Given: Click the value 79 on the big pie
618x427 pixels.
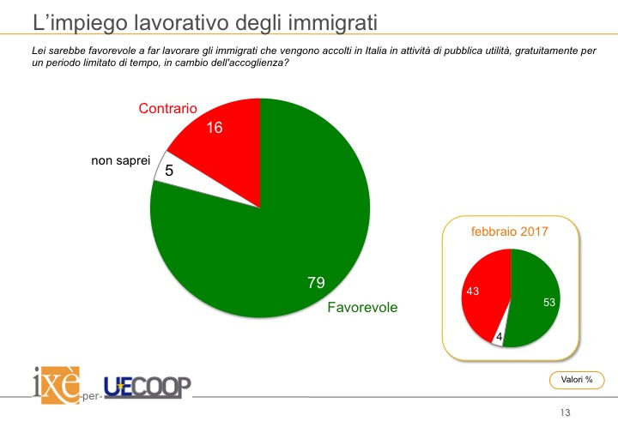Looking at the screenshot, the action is (x=316, y=282).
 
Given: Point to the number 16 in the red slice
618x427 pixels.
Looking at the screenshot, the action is (x=215, y=128).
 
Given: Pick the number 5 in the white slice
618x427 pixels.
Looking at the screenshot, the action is (x=169, y=171).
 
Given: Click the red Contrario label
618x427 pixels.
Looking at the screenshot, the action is (x=167, y=108).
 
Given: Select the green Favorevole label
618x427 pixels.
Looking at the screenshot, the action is (x=362, y=307).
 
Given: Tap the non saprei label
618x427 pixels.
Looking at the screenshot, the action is (x=121, y=160).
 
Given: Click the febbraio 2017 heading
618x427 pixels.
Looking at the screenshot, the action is (x=509, y=232).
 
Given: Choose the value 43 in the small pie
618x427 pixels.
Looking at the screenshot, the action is (x=473, y=291).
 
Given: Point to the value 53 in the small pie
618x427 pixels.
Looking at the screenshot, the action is (x=549, y=302).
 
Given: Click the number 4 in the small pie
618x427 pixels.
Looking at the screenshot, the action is (x=499, y=337).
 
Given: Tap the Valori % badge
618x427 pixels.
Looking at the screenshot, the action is (x=577, y=380).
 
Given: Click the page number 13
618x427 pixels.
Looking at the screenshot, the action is (x=565, y=412).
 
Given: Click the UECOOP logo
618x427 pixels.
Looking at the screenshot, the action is (x=148, y=388).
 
